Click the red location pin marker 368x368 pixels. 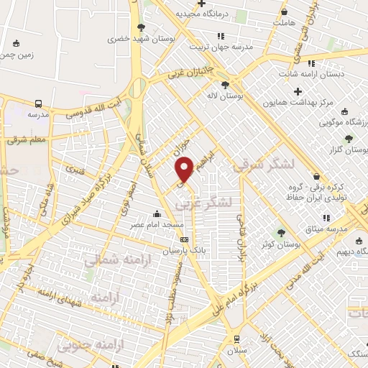click(x=185, y=169)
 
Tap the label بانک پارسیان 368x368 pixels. click(x=159, y=252)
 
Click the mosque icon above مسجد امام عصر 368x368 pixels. click(x=157, y=213)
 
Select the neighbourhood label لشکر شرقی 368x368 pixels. click(x=264, y=165)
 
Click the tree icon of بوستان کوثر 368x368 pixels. click(x=281, y=232)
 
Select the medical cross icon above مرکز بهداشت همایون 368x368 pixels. click(x=298, y=91)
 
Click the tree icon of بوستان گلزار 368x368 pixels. click(x=349, y=139)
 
